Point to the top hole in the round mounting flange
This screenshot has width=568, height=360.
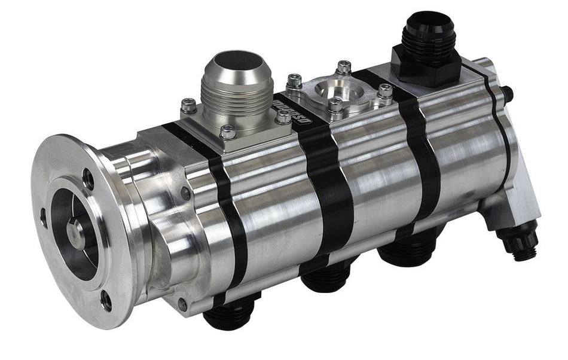click(88, 178)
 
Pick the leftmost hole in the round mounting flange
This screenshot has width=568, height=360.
click(44, 218)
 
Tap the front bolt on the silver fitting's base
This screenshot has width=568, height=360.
click(228, 132)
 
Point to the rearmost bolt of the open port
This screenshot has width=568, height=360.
click(343, 67)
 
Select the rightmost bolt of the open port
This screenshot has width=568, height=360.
click(385, 91)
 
